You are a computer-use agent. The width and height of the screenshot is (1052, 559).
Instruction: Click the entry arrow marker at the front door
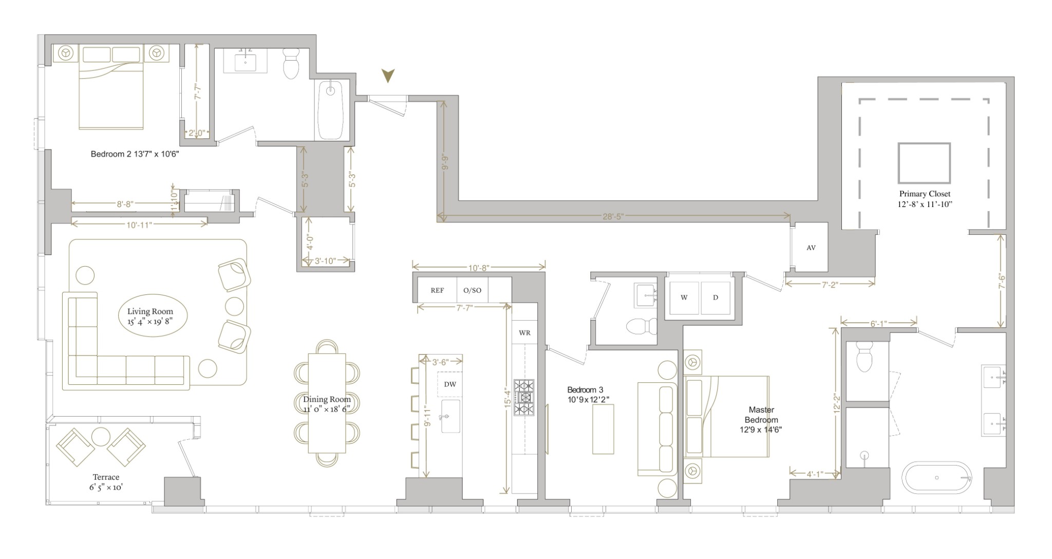[x=388, y=76]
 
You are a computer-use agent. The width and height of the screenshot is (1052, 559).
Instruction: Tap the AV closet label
[x=811, y=248]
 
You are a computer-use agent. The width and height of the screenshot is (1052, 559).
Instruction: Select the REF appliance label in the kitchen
[x=437, y=290]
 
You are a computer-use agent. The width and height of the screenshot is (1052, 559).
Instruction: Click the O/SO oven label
[x=473, y=290]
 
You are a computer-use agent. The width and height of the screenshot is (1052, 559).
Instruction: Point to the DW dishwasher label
[x=450, y=384]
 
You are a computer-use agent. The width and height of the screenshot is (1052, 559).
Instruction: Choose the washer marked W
[x=684, y=297]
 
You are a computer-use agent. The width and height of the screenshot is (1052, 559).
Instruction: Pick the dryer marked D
[x=716, y=297]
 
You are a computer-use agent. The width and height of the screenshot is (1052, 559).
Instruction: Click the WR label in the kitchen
[x=524, y=333]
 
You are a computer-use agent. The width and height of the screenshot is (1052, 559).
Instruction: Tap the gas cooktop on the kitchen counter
[x=524, y=397]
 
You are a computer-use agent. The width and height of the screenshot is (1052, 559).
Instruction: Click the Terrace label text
[x=106, y=477]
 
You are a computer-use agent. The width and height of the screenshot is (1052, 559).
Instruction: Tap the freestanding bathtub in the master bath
[x=937, y=478]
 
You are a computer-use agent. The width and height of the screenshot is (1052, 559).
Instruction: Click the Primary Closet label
[x=925, y=194]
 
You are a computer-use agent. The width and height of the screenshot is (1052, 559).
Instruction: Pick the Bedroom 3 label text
[x=585, y=390]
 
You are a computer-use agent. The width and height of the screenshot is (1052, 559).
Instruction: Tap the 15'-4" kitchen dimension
[x=508, y=398]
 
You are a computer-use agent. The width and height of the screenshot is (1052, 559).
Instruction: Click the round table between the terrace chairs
[x=101, y=437]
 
